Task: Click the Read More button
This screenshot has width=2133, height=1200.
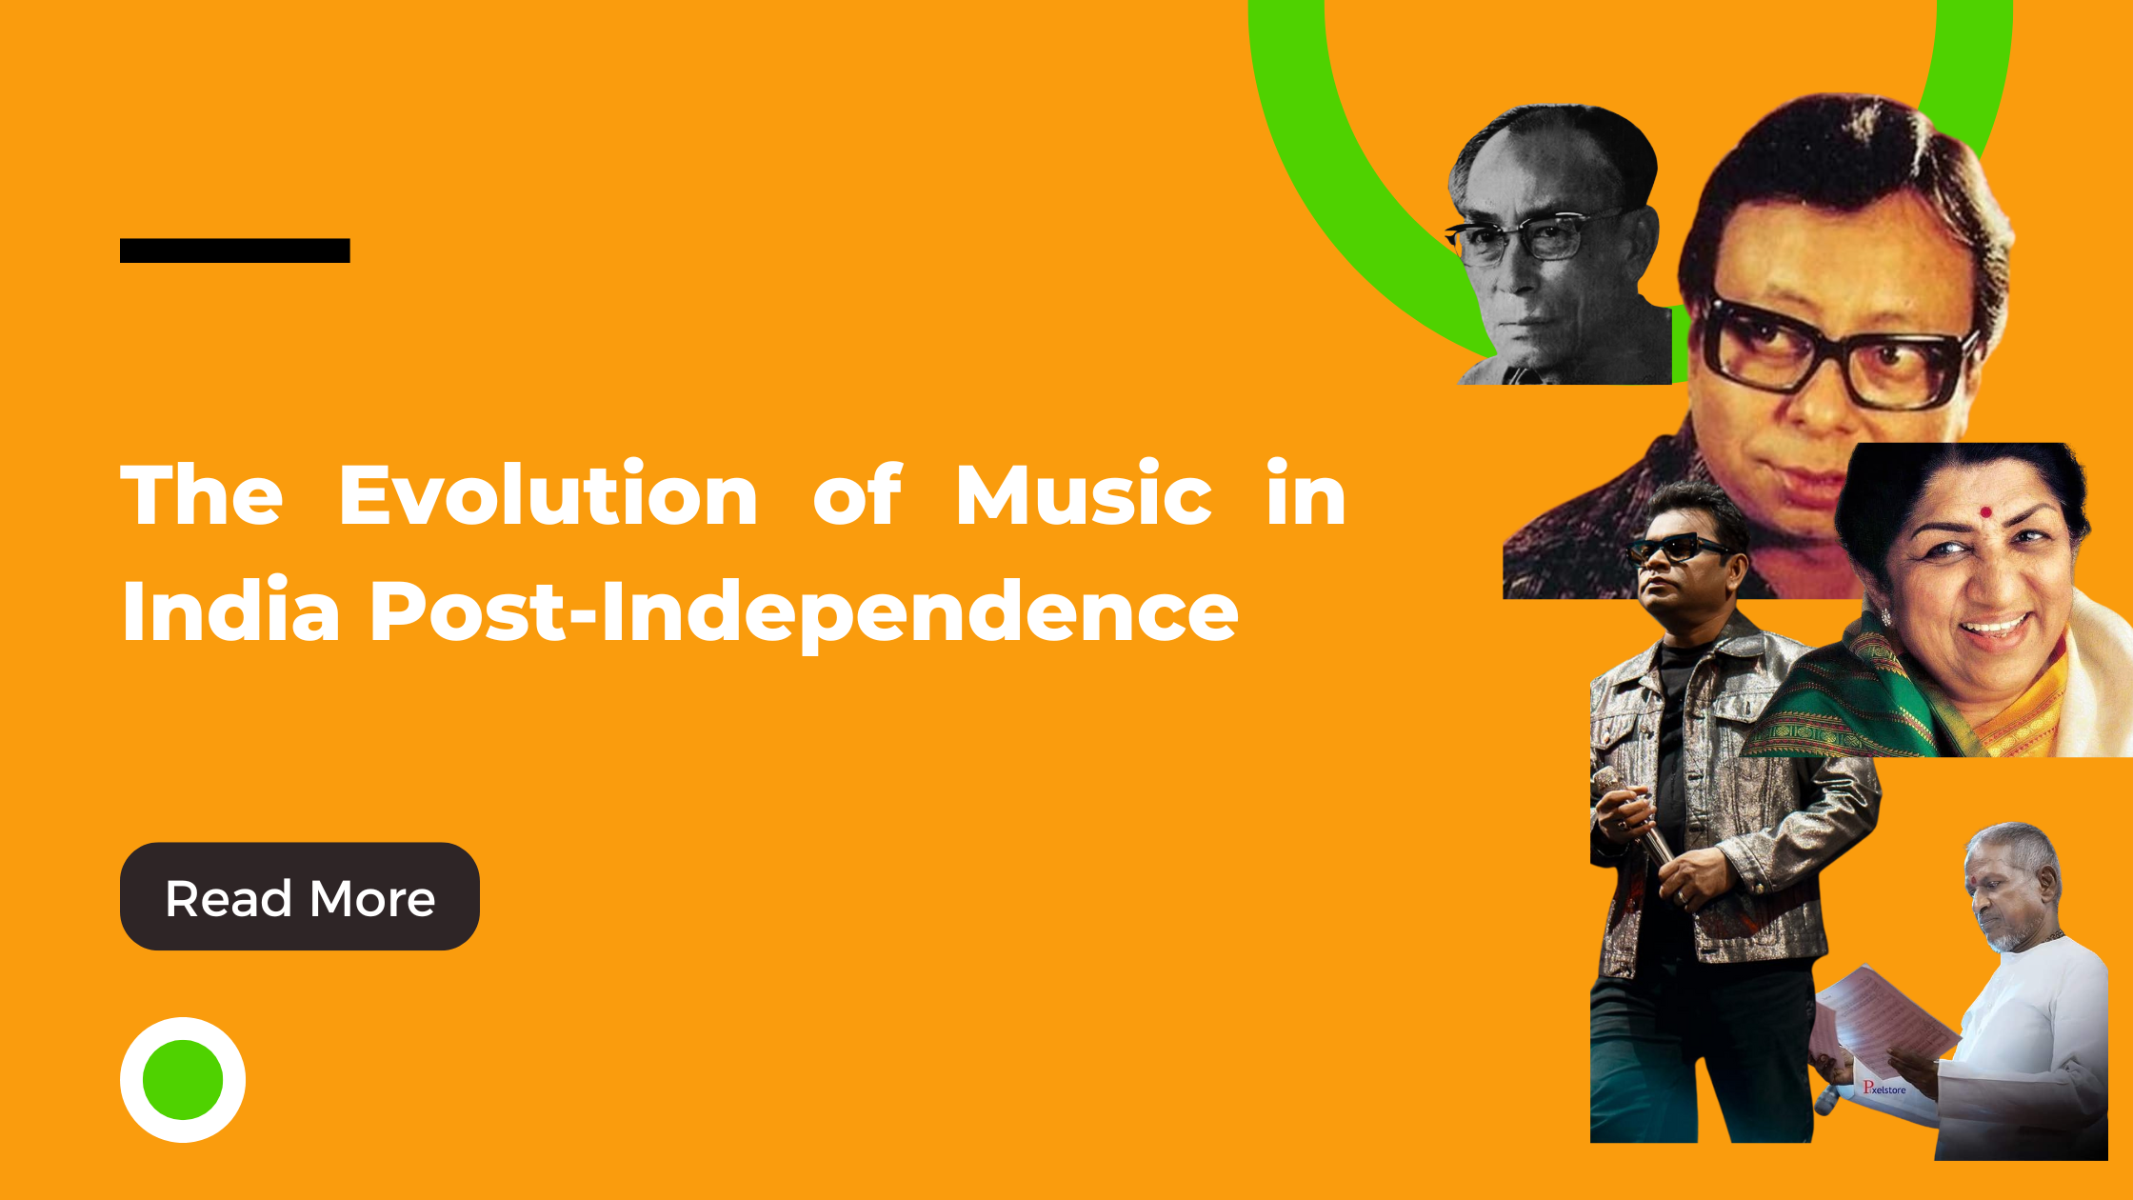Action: point(300,896)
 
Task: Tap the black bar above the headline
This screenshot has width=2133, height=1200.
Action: point(235,250)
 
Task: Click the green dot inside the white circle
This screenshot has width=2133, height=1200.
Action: point(183,1080)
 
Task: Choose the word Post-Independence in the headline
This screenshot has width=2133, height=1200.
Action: point(805,614)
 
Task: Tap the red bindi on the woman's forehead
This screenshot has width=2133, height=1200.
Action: point(1985,511)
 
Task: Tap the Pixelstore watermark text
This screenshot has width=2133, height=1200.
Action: point(1884,1088)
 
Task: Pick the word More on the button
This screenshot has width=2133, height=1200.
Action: point(372,899)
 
